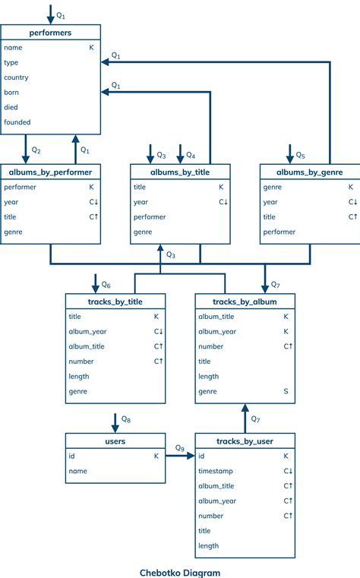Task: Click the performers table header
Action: coord(50,32)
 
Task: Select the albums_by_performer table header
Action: coord(50,172)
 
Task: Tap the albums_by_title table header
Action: coord(180,172)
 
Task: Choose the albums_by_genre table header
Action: coord(309,172)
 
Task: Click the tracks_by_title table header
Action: coord(115,302)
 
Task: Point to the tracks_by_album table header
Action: coord(245,302)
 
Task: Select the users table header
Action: coord(115,441)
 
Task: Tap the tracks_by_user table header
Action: coord(245,441)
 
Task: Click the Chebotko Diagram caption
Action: coord(180,572)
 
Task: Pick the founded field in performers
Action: coord(17,122)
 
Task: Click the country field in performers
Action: coord(17,77)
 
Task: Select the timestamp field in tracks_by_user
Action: coord(216,471)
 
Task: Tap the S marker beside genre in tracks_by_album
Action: coord(286,391)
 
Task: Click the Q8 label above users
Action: coord(127,420)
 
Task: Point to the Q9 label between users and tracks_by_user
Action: coord(180,448)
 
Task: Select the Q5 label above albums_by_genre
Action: coord(300,156)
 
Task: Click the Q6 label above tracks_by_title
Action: coord(106,285)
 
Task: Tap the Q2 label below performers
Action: coord(36,150)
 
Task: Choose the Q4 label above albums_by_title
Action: coord(191,156)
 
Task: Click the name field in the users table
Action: coord(78,471)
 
